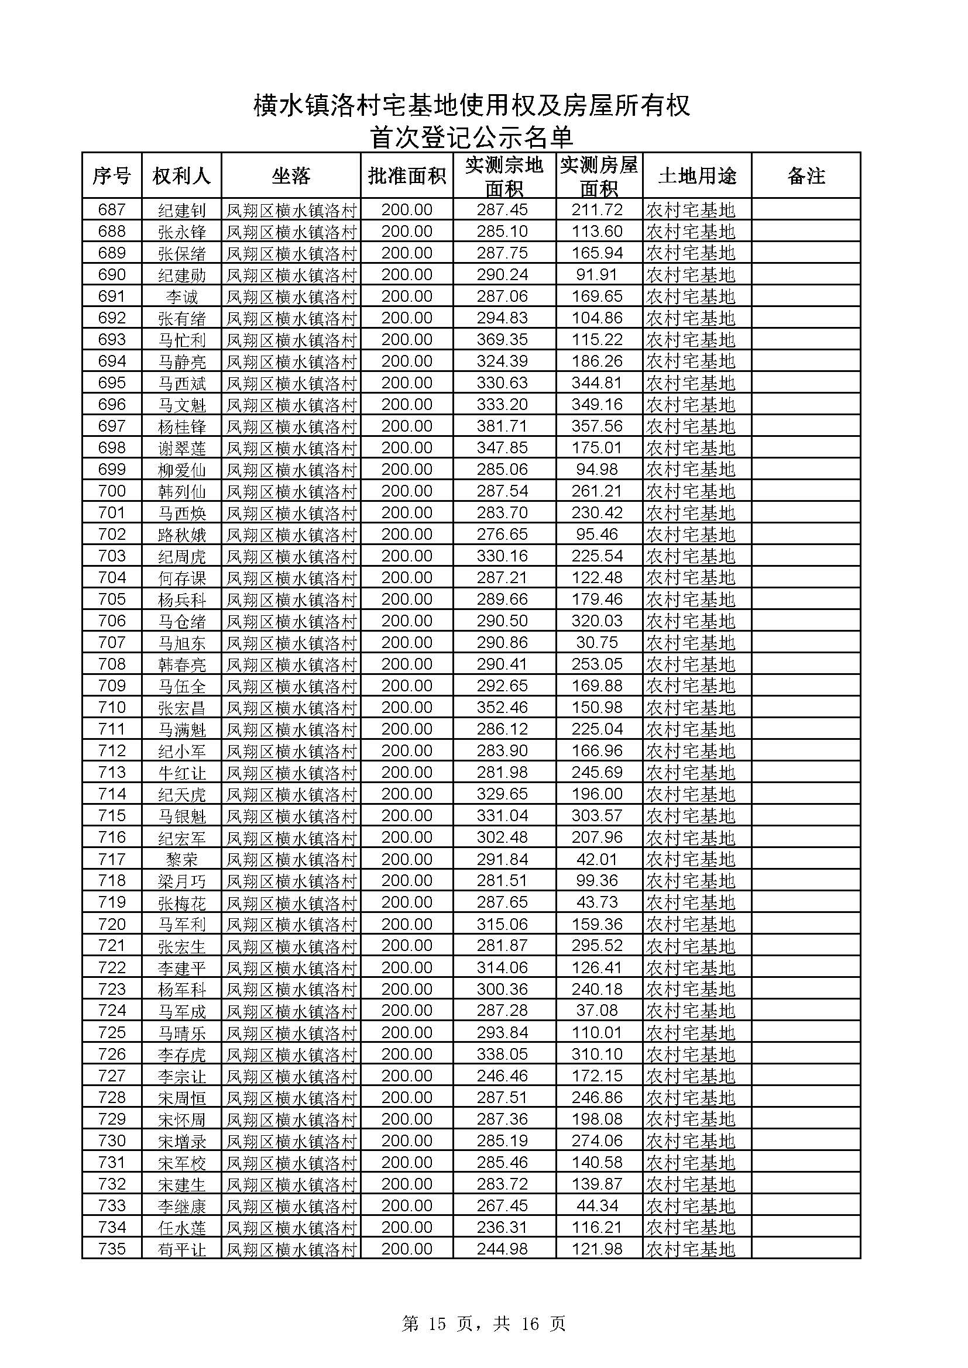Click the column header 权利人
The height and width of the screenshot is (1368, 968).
click(x=181, y=176)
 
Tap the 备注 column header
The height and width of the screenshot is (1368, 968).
click(x=806, y=176)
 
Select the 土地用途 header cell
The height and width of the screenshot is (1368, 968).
click(x=697, y=176)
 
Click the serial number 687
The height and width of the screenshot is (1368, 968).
click(x=112, y=210)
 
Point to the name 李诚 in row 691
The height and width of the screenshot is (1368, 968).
click(x=182, y=297)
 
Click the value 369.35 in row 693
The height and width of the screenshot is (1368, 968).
click(x=503, y=340)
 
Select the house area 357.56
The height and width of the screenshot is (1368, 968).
click(x=598, y=426)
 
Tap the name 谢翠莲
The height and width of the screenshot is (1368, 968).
click(x=182, y=448)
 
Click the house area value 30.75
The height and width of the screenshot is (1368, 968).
click(x=598, y=642)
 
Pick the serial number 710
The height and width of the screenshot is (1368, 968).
click(x=112, y=707)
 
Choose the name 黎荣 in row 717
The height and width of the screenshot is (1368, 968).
click(x=182, y=859)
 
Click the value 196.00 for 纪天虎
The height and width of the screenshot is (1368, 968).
click(x=598, y=794)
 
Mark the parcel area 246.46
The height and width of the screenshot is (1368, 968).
click(x=503, y=1076)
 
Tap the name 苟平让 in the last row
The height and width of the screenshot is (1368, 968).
click(x=182, y=1249)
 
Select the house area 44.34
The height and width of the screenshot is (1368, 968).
click(x=598, y=1205)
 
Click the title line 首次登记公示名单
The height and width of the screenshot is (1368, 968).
click(x=471, y=137)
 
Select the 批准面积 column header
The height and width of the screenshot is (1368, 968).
click(x=407, y=176)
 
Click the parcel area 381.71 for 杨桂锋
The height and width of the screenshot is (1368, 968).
click(x=503, y=426)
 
